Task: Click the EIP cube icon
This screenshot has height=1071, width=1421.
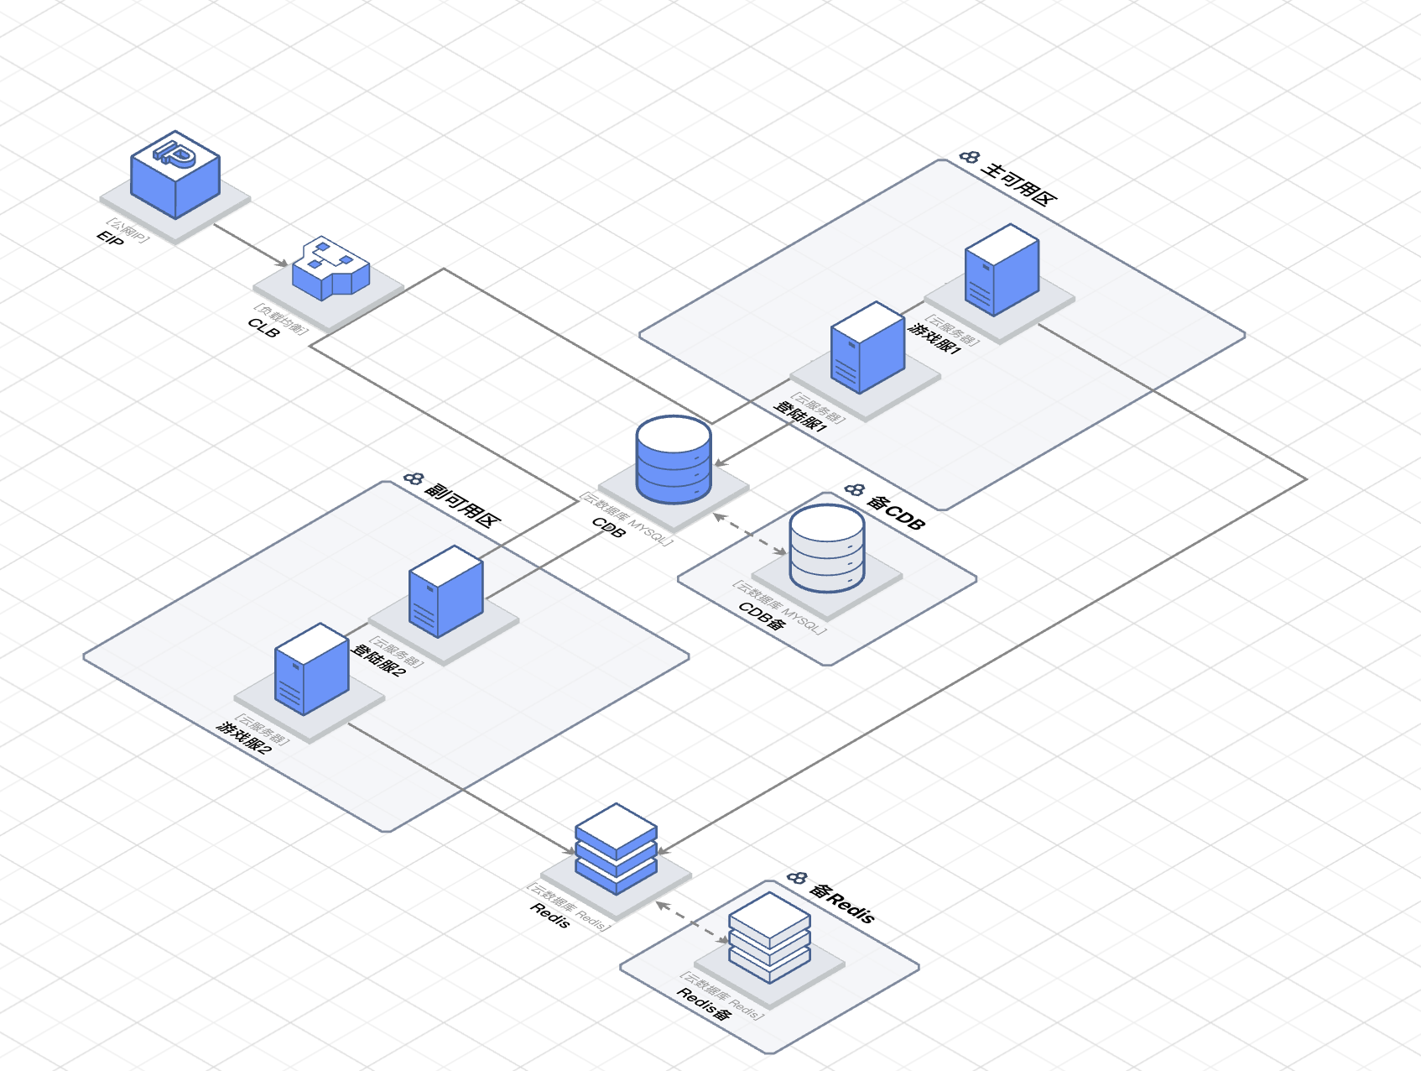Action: click(x=175, y=175)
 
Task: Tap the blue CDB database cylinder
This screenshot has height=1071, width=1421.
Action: click(x=674, y=459)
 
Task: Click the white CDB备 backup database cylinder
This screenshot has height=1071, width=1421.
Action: click(x=827, y=548)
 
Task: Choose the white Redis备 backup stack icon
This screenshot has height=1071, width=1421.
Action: click(x=769, y=937)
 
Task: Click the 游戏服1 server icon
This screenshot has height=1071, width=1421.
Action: click(x=1002, y=269)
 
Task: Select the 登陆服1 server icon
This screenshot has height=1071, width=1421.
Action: click(x=867, y=347)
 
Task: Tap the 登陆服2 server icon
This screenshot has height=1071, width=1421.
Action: click(x=445, y=591)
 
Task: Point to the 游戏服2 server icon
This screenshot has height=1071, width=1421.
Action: click(x=311, y=668)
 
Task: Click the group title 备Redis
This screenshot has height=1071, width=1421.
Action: click(x=842, y=903)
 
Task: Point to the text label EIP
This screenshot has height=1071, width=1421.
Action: click(x=110, y=239)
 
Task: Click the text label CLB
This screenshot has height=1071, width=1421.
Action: click(x=263, y=328)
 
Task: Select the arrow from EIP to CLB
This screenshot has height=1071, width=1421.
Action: click(x=251, y=245)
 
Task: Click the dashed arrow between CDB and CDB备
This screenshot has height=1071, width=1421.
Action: click(x=749, y=534)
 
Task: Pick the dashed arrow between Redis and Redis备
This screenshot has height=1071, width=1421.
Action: click(x=692, y=922)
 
